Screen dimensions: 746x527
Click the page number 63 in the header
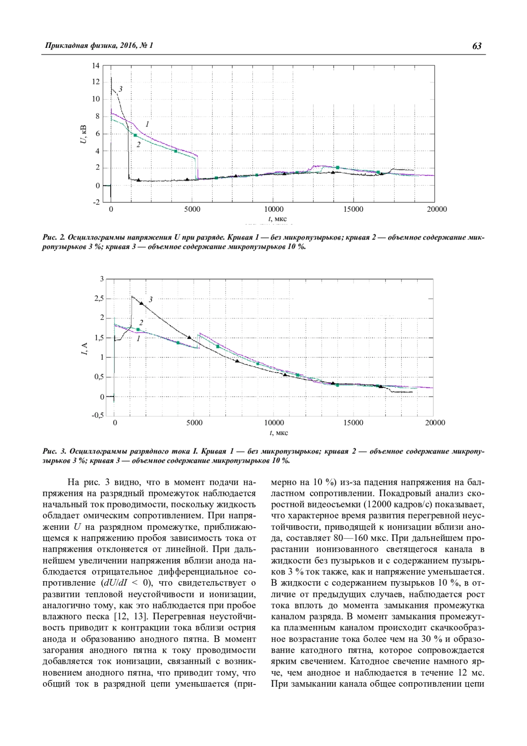[476, 46]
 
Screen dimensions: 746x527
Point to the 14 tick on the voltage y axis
[95, 66]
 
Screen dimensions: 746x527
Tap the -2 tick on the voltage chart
[95, 202]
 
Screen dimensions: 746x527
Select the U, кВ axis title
[83, 134]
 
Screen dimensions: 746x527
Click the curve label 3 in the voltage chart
[120, 89]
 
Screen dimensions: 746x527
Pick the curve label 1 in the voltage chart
[147, 124]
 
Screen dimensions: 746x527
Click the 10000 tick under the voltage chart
[273, 209]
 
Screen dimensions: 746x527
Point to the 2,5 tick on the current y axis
[98, 299]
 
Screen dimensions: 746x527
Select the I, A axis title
[85, 349]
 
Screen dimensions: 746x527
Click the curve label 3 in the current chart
[151, 300]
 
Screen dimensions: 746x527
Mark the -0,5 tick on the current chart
[98, 416]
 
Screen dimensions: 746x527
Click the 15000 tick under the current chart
[354, 423]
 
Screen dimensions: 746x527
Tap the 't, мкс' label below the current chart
[279, 433]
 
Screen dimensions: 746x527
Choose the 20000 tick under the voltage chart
[437, 209]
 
